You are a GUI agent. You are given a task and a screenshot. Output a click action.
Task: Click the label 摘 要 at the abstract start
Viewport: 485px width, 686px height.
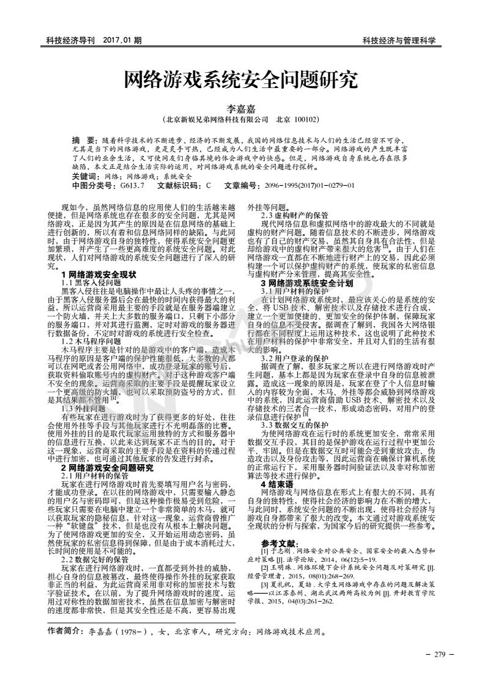click(84, 140)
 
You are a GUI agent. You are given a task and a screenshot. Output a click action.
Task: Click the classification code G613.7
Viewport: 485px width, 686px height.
click(132, 185)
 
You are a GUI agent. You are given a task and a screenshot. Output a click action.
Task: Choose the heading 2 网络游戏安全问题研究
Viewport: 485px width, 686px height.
click(107, 451)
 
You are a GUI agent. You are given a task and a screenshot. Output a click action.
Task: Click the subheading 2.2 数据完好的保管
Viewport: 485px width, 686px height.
click(95, 542)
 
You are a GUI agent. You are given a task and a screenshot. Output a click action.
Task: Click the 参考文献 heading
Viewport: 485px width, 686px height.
click(279, 526)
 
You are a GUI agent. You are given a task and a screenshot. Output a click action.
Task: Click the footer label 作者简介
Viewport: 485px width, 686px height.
click(63, 629)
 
